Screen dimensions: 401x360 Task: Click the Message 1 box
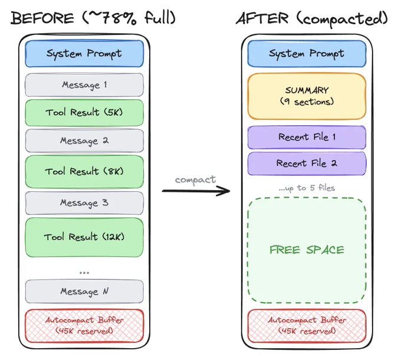84,85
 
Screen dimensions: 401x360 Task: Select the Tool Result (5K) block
84,113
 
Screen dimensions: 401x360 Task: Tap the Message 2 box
84,140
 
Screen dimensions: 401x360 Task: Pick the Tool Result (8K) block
84,171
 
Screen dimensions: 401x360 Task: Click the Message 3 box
84,203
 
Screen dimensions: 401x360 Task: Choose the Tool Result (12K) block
84,237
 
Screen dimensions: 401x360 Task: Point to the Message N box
84,292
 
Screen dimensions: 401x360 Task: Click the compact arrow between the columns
196,191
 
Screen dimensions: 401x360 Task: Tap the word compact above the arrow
195,180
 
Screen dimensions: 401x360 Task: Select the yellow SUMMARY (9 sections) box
307,96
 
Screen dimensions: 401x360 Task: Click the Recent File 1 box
307,138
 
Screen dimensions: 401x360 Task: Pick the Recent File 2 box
307,163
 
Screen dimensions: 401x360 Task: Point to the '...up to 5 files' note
307,188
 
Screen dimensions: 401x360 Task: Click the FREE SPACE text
307,250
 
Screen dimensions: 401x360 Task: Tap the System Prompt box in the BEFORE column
84,54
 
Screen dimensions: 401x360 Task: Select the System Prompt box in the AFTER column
307,54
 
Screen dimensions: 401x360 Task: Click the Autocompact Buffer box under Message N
84,326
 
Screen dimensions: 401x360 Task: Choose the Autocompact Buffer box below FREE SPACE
307,326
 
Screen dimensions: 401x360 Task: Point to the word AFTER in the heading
262,18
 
